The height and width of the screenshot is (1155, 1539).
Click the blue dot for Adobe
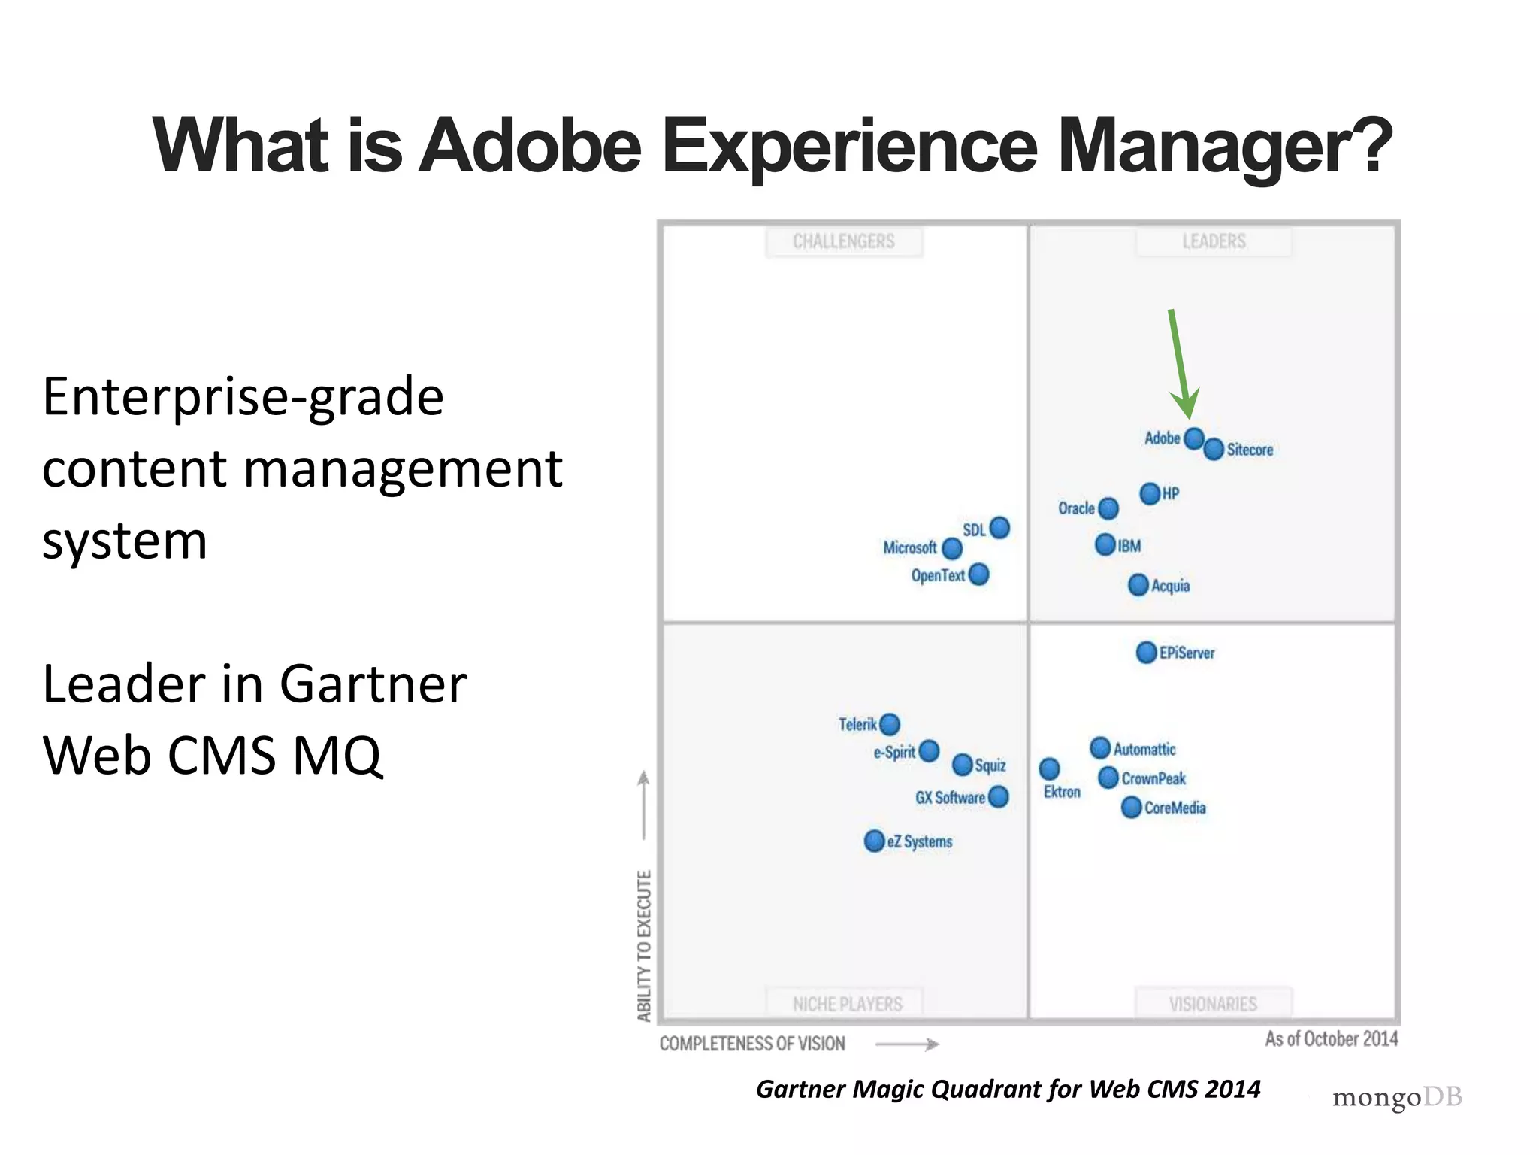tap(1194, 438)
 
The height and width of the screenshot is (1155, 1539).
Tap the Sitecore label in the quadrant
tap(1250, 450)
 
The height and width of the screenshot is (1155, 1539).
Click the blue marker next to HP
tap(1150, 494)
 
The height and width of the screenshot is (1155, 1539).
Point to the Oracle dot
tap(1108, 508)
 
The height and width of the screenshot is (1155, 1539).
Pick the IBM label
tap(1129, 546)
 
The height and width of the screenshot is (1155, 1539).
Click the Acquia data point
tap(1138, 585)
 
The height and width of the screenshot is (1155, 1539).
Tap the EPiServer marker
tap(1146, 653)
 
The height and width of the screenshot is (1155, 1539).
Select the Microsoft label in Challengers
tap(909, 547)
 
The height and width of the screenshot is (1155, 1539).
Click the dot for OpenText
tap(978, 575)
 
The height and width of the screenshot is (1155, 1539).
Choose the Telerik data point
tap(890, 724)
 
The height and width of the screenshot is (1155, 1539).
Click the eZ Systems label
tap(919, 841)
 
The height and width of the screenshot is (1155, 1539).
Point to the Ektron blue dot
tap(1049, 768)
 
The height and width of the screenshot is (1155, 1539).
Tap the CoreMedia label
tap(1175, 808)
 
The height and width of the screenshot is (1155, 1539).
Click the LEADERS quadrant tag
tap(1214, 241)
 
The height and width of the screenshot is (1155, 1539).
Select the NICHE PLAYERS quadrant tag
tap(847, 1004)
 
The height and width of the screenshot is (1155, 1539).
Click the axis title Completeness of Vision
tap(752, 1044)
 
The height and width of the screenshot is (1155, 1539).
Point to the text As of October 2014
tap(1331, 1039)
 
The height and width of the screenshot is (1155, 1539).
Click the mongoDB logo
tap(1397, 1097)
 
